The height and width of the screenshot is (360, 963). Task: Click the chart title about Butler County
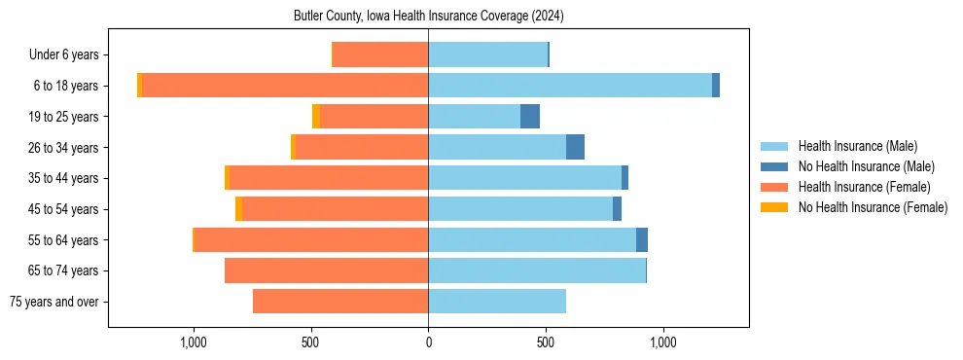point(428,17)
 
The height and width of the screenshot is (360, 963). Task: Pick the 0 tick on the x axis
point(428,342)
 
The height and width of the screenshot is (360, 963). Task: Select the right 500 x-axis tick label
point(546,342)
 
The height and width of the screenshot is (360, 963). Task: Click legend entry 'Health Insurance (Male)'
point(857,146)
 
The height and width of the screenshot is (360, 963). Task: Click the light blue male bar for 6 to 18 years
point(569,86)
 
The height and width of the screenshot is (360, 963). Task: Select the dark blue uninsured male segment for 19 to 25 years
point(530,117)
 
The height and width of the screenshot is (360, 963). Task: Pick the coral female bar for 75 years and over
point(340,302)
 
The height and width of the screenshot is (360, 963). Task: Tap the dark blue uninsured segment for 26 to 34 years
point(575,147)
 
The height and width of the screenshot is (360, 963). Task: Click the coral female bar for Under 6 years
point(380,54)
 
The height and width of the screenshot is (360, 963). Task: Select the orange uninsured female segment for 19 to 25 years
point(316,117)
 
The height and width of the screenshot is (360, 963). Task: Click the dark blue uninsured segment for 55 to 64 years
point(642,239)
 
